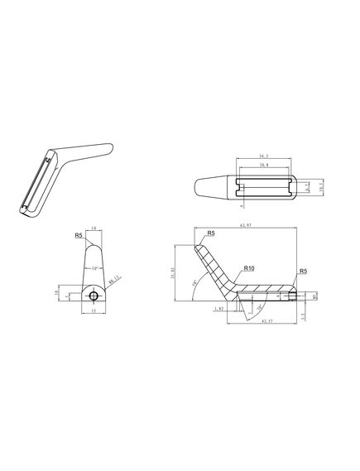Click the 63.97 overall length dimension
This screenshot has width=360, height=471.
point(244,226)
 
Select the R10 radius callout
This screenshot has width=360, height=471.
point(248,269)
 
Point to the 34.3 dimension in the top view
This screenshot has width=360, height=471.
point(263,156)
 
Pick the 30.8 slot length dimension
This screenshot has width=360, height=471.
point(263,166)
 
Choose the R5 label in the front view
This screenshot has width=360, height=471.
point(79,236)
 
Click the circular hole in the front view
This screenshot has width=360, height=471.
point(95,296)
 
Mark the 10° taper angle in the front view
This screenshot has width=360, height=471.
point(95,269)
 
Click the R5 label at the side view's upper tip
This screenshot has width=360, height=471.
point(211,233)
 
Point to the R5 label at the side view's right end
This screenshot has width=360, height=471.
point(303,271)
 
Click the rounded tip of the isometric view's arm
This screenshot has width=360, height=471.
point(107,147)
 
